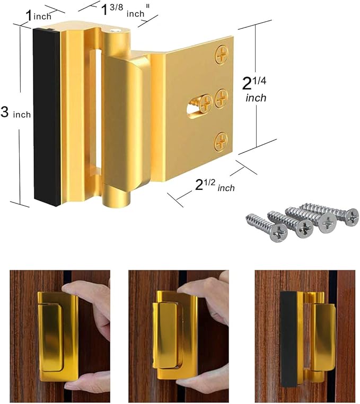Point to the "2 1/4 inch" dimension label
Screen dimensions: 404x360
(x=254, y=89)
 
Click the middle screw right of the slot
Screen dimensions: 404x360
(x=222, y=96)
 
